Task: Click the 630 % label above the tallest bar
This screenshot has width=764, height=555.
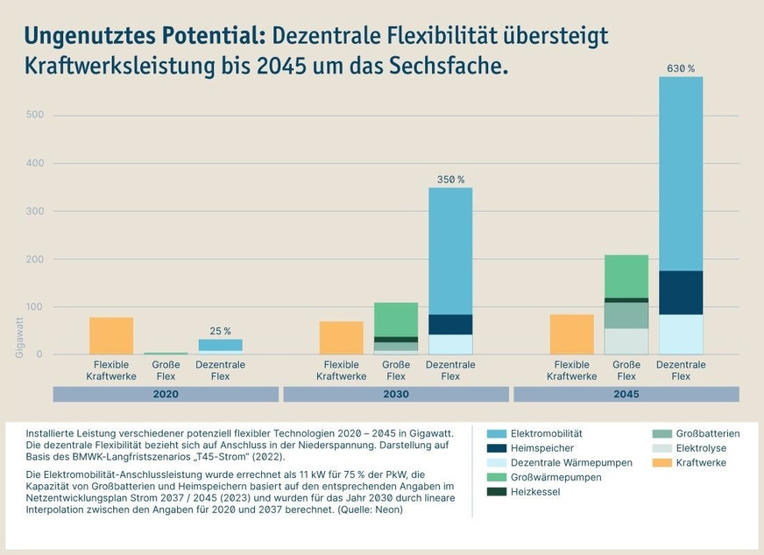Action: point(681,68)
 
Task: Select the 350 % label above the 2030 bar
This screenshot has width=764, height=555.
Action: point(450,179)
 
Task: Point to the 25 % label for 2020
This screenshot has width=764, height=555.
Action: point(221,331)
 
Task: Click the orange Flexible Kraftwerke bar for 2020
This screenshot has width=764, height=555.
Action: point(111,335)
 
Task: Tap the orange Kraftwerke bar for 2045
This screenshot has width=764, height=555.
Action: point(571,334)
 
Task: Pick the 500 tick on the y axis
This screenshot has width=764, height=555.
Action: point(35,115)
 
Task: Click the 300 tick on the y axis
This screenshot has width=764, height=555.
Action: point(35,211)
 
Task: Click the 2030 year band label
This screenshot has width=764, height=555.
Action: point(395,394)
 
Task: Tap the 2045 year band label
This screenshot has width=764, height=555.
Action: point(626,394)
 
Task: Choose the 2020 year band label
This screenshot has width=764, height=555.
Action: point(166,394)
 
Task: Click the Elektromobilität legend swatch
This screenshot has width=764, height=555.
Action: point(496,433)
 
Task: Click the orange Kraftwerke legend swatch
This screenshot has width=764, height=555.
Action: point(661,462)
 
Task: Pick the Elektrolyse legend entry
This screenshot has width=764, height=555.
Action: point(700,448)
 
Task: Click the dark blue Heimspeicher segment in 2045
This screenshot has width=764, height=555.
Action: point(681,292)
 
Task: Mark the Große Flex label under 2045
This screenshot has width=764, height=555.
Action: point(626,370)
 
